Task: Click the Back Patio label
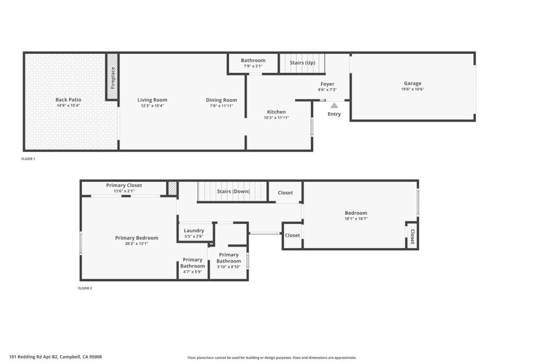69,99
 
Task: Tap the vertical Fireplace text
113,78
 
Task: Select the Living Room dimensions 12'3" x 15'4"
152,106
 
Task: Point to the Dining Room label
222,100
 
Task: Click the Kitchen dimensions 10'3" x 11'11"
276,117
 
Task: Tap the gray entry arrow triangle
334,105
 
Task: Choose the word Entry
334,114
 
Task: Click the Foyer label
327,84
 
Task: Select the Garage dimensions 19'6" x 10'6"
412,89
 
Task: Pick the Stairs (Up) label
302,63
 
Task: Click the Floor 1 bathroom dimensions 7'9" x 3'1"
253,66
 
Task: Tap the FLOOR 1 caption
28,159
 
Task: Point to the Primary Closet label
124,185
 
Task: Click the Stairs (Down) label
233,191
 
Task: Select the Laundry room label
194,231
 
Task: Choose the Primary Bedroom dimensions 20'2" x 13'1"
137,243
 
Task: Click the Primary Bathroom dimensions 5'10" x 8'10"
228,267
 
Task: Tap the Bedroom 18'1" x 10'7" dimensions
356,218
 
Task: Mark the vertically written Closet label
412,237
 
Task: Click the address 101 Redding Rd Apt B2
33,357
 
